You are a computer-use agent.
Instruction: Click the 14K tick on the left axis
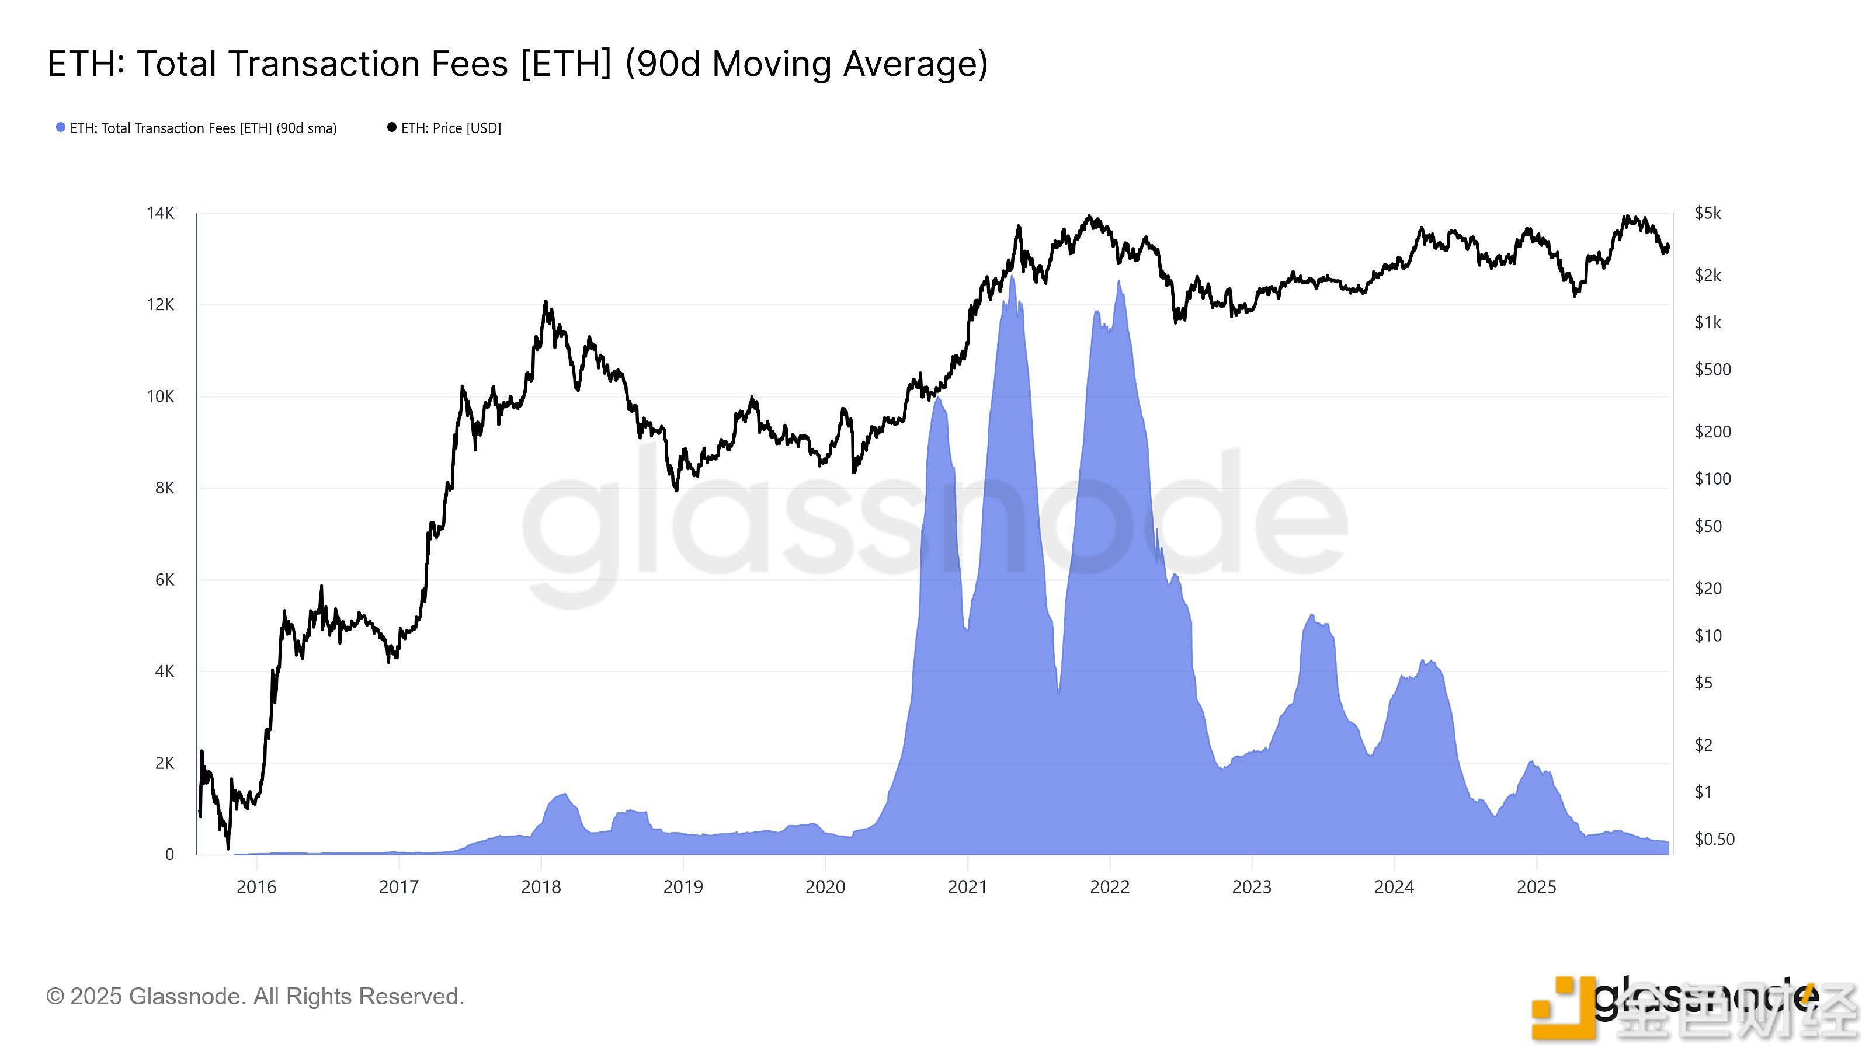pos(161,213)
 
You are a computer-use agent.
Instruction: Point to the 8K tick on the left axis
pos(165,488)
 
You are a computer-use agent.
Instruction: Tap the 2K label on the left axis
pos(165,763)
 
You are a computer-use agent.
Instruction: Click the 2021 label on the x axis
pos(967,887)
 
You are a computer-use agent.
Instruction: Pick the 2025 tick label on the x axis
pos(1536,887)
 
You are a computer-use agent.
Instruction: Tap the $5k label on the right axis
pos(1707,213)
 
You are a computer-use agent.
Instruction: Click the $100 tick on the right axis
pos(1712,479)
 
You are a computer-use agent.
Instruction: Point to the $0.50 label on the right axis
pos(1713,839)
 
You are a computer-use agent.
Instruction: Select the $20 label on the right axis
pos(1708,588)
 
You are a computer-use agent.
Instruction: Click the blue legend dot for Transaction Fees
pos(61,128)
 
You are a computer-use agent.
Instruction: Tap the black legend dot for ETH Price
pos(392,128)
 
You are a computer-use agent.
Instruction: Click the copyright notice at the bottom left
pos(255,996)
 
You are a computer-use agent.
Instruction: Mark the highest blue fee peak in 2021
pos(1012,279)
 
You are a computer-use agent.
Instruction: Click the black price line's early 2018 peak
pos(546,302)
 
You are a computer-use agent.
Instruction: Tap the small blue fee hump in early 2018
pos(563,796)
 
